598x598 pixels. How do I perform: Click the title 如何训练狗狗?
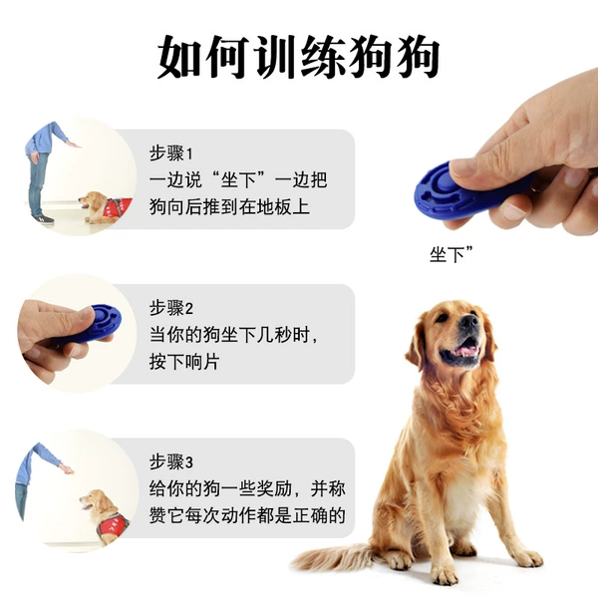tap(299, 57)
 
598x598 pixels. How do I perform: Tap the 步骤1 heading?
tap(171, 153)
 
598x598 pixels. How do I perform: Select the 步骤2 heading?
tap(171, 308)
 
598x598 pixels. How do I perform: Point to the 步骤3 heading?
tap(171, 461)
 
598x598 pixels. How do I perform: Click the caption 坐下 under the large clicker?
tap(451, 254)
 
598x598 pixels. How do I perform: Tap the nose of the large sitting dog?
tap(468, 321)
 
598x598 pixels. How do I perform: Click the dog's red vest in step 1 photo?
tap(118, 208)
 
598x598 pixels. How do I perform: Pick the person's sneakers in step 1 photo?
tap(43, 219)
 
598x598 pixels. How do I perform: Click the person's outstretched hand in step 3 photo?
tap(67, 468)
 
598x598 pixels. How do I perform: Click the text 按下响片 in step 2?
tap(184, 362)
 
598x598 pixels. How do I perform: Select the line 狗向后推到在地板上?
tap(229, 206)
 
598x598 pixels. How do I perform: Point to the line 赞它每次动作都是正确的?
tap(247, 515)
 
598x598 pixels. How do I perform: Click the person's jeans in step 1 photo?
tap(38, 183)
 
